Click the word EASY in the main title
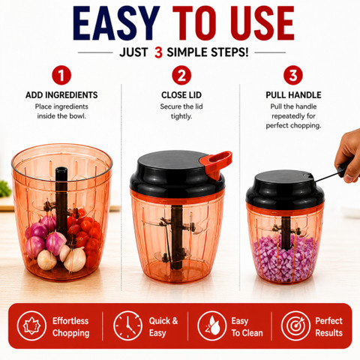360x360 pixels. coord(116,23)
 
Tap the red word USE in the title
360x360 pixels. coord(262,23)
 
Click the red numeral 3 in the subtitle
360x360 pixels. coord(158,52)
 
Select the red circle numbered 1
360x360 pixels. coord(61,75)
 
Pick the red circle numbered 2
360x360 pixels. coord(181,75)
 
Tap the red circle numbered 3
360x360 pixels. coord(293,75)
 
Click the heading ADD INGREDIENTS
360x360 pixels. coord(61,95)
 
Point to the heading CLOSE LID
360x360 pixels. coord(181,95)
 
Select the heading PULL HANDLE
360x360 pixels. coord(293,95)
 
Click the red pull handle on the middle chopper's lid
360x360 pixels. coord(217,163)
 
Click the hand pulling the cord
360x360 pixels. coord(349,155)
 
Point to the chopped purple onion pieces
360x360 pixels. coord(285,259)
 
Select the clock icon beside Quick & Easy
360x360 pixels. coord(127,325)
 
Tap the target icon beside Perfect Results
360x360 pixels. coord(295,325)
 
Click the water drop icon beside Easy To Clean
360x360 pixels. coord(212,325)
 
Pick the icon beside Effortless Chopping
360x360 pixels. coord(31,325)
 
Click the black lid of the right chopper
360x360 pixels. coord(284,188)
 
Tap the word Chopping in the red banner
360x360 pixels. coord(71,333)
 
